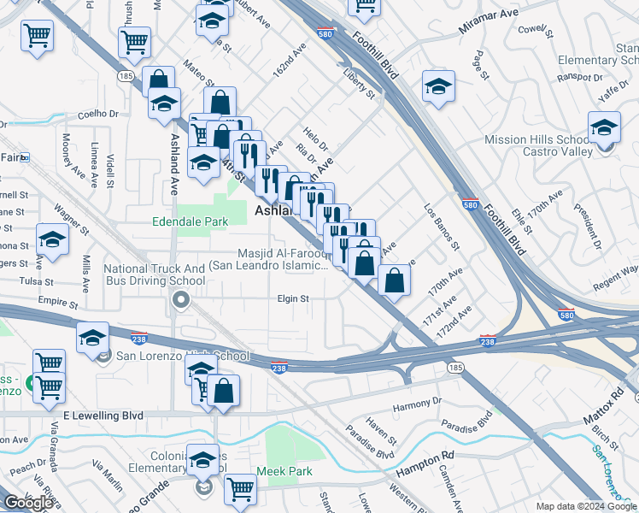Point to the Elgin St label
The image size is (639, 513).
[x=292, y=299]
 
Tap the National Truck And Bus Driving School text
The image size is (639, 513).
[x=155, y=274]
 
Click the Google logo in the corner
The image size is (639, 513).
[x=27, y=503]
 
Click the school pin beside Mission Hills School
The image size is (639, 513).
[x=604, y=128]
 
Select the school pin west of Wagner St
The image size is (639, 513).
[x=52, y=240]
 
